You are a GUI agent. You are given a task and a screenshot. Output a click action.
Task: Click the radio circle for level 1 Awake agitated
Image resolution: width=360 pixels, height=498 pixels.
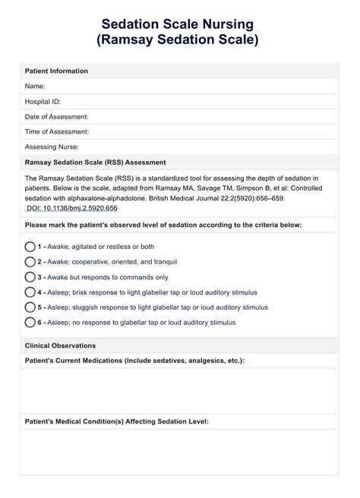coord(30,247)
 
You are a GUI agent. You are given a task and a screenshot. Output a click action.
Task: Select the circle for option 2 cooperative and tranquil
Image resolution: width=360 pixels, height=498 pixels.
coord(30,262)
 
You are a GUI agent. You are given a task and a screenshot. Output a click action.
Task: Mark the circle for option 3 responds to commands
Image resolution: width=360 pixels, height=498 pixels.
coord(30,277)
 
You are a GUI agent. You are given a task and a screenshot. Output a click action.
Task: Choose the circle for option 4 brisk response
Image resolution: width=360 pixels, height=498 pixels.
coord(30,292)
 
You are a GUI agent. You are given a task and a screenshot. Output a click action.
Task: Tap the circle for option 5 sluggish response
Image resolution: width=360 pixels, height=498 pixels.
coord(30,307)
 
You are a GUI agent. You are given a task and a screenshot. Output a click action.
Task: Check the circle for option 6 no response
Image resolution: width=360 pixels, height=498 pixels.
coord(30,323)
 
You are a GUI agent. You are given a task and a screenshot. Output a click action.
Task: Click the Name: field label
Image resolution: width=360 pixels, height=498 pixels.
coord(36,86)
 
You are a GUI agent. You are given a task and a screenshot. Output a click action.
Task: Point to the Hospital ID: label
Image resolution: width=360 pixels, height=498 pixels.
coord(43,101)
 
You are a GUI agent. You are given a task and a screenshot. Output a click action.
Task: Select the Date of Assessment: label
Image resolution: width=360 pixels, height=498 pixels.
coord(57,116)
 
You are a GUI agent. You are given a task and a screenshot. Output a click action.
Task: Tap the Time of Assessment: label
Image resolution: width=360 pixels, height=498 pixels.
coord(57,131)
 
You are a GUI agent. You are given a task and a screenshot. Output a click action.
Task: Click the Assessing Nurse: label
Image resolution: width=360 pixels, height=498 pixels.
coord(52,147)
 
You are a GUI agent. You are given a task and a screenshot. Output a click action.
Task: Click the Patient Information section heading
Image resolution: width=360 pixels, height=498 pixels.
coord(57,71)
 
